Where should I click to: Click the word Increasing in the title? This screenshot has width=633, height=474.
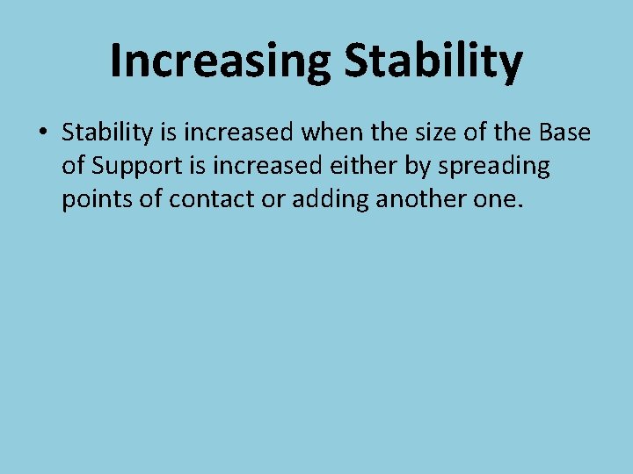point(220,61)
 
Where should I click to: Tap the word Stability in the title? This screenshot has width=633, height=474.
point(433,61)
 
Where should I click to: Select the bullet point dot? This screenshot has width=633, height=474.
point(41,133)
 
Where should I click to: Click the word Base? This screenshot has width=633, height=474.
point(564,133)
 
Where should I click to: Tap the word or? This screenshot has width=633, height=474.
point(275,200)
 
